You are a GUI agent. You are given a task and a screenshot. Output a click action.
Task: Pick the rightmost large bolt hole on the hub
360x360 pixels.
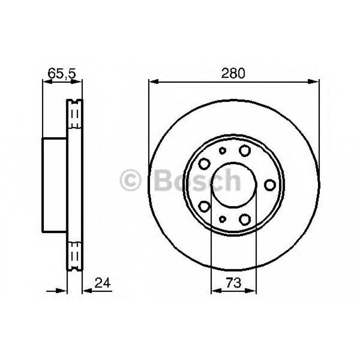click(270, 184)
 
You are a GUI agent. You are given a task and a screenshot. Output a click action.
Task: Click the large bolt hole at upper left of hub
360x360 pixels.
click(204, 163)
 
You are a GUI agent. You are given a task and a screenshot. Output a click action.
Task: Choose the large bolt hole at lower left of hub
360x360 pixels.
click(204, 206)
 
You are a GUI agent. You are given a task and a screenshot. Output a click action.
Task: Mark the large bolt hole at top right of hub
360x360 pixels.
click(244, 150)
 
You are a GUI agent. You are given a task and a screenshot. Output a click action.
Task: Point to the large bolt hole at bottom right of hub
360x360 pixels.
click(244, 219)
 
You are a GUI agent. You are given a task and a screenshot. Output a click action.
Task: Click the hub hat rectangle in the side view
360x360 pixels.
click(55, 185)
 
